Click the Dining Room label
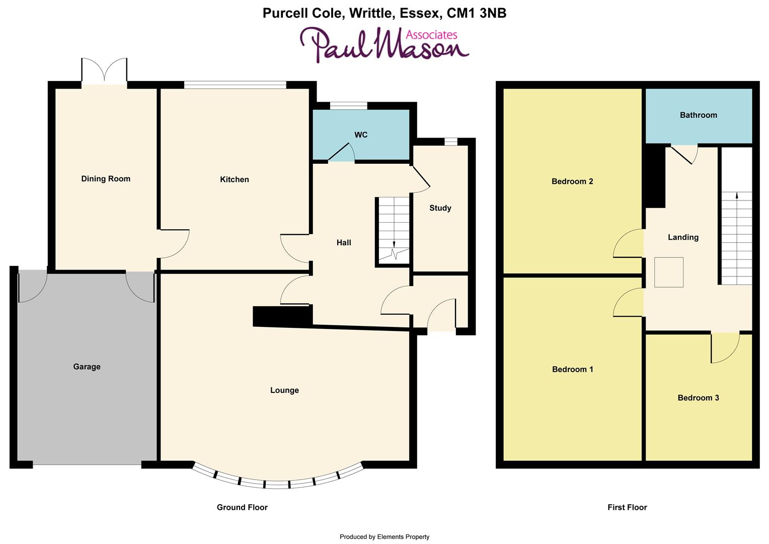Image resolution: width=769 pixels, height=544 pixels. point(106,179)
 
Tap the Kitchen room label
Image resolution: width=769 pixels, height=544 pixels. point(235,180)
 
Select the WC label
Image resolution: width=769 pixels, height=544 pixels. point(361,135)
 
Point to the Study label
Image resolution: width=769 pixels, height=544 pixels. point(440,208)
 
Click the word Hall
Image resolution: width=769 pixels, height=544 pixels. point(344,243)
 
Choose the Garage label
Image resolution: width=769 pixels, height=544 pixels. point(87,367)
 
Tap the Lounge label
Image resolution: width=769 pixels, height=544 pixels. point(284,390)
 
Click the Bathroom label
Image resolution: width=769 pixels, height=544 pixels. point(699,115)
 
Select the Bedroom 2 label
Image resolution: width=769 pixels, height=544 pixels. point(572,182)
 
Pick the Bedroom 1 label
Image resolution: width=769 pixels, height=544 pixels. point(573,370)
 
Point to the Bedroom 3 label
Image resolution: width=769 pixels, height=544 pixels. point(699,398)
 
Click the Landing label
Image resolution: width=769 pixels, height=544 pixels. point(683,237)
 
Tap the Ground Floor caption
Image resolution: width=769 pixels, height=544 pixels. point(242,508)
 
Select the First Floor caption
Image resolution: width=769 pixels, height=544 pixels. point(627,508)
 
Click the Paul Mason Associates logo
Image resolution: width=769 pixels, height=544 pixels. point(385,45)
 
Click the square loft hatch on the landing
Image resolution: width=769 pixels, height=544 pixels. point(669,272)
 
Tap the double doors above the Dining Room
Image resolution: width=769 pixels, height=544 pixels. point(104,72)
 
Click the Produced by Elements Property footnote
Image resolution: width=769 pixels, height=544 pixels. point(384,537)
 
